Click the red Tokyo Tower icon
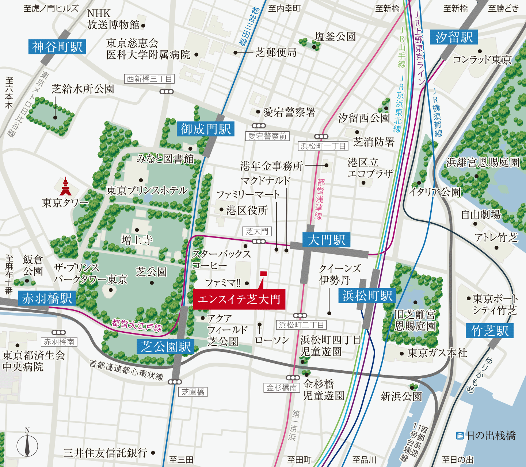[66, 186]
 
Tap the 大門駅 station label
[326, 240]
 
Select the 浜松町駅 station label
[367, 296]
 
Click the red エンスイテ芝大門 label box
[239, 300]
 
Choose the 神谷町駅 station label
[57, 47]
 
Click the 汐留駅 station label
[454, 37]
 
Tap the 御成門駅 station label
[206, 129]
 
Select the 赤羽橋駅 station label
[47, 298]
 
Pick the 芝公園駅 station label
[166, 347]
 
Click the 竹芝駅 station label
[489, 331]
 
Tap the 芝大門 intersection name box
[257, 231]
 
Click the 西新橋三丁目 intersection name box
[149, 79]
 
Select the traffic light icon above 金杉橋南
[293, 378]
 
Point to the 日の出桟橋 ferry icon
[460, 436]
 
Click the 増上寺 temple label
[137, 240]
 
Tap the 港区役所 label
[247, 210]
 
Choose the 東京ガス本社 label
[437, 353]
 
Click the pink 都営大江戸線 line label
[137, 325]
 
